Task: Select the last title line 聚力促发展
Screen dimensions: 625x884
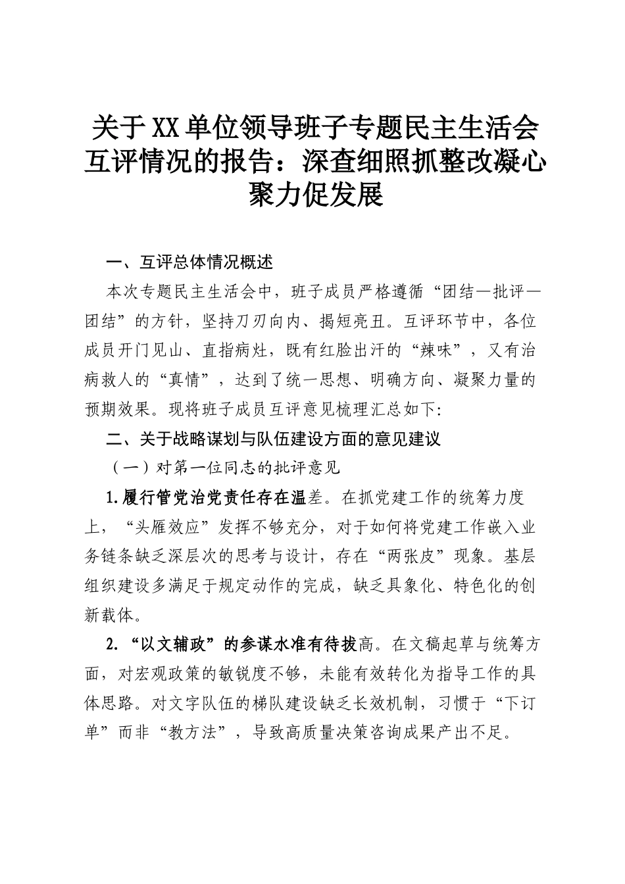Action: click(313, 195)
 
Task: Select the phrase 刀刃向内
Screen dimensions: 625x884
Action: click(301, 321)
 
